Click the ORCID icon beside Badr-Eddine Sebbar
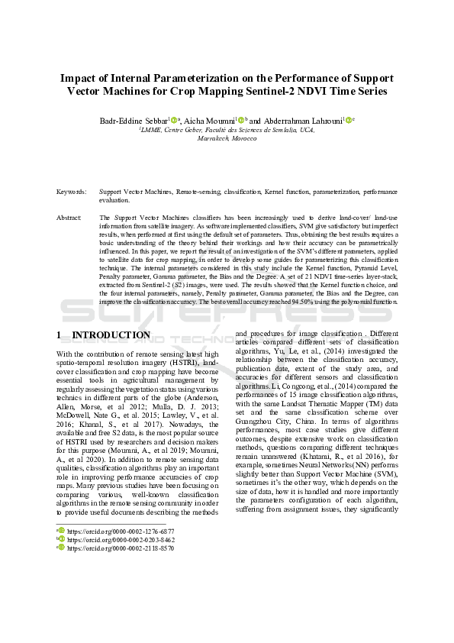coord(173,120)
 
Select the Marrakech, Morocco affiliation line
coord(227,138)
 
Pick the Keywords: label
coord(71,192)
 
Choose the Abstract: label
coord(69,218)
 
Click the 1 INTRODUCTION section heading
coord(104,335)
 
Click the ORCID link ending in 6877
coord(121,530)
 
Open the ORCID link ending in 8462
coord(121,538)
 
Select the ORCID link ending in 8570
coord(121,548)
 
